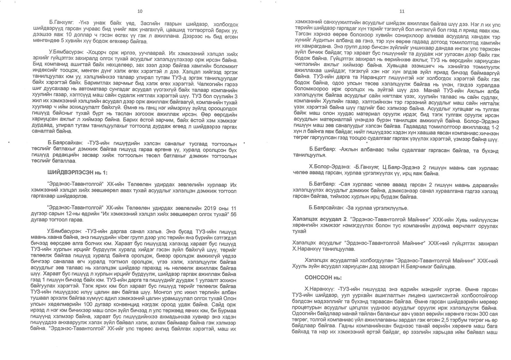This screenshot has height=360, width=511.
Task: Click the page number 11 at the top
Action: [x=402, y=11]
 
